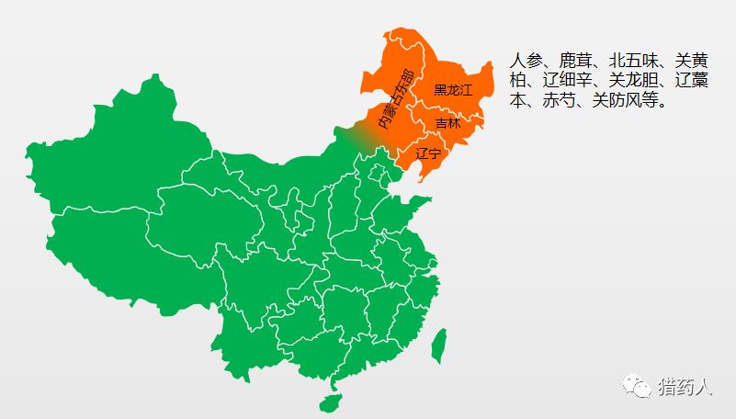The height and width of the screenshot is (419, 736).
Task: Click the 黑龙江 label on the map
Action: tap(452, 90)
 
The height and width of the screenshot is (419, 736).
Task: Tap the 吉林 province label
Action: tap(447, 123)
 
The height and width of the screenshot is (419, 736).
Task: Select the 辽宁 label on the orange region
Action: tap(428, 153)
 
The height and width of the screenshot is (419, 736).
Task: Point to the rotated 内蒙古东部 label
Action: tap(396, 99)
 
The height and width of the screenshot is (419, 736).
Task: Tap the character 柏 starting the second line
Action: tap(517, 81)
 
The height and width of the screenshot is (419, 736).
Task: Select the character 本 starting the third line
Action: tap(517, 100)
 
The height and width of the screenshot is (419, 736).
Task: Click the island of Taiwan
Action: tap(439, 343)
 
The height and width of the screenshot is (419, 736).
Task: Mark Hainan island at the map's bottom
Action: tap(329, 402)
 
